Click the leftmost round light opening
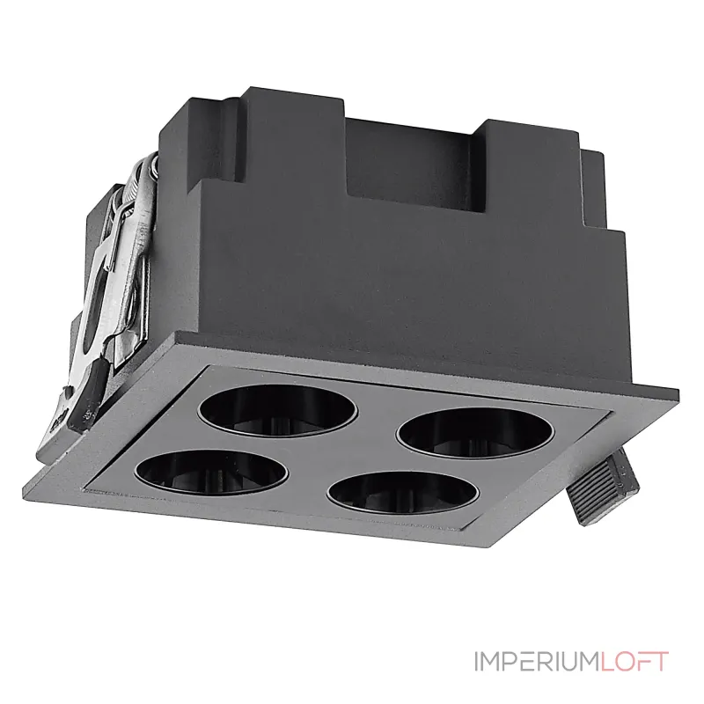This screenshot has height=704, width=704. pos(211,472)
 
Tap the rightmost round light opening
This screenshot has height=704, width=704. pos(475,432)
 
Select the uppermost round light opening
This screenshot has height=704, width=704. pos(278,410)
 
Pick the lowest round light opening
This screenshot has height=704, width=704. pos(403,494)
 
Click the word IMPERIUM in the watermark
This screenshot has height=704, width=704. pos(537,662)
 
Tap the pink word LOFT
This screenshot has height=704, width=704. pos(634,662)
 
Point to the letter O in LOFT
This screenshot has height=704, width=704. pos(623,662)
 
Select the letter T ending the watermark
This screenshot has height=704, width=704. pos(661,662)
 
